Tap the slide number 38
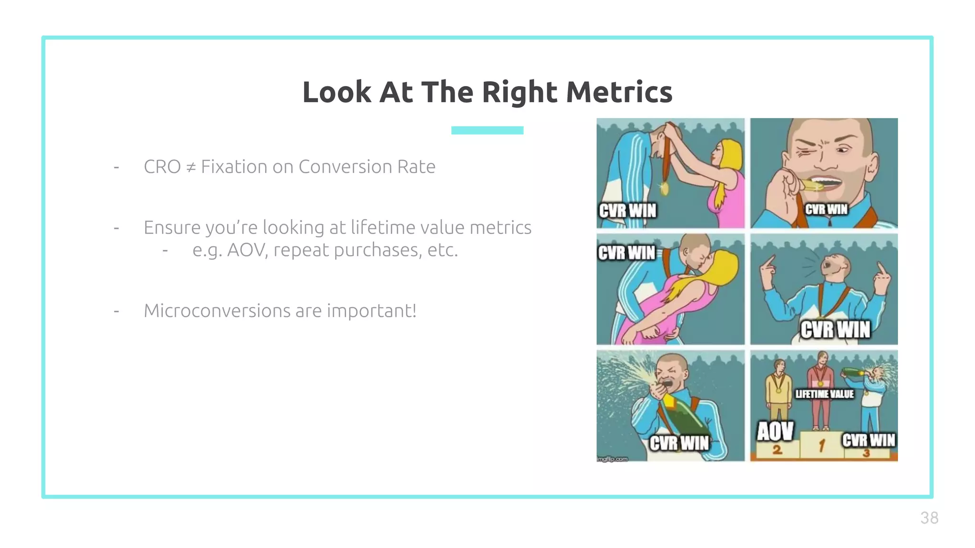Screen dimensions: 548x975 tap(929, 518)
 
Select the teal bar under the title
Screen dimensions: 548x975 tap(487, 130)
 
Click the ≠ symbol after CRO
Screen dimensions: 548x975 tap(190, 167)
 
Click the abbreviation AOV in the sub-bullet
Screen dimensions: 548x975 tap(247, 250)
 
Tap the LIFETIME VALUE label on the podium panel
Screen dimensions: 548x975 tap(825, 394)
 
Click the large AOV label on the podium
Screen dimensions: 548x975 tap(775, 431)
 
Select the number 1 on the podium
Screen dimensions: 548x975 tap(821, 446)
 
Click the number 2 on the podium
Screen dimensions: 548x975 tap(776, 450)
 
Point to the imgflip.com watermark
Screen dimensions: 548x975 tap(612, 459)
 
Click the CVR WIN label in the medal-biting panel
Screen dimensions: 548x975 tap(826, 209)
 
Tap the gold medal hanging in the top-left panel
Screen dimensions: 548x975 tap(664, 188)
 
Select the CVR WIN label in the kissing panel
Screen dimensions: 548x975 tap(627, 253)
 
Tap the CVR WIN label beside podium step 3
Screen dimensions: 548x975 tap(868, 440)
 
